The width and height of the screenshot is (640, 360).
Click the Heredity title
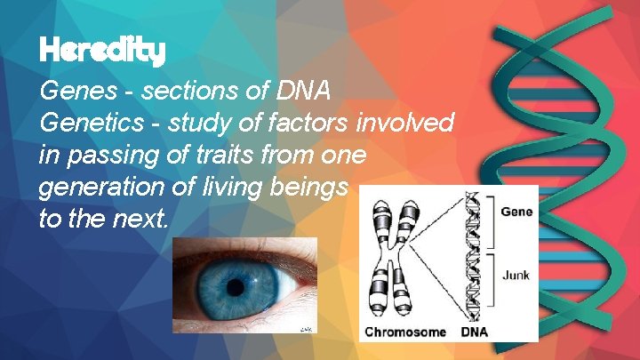(103, 51)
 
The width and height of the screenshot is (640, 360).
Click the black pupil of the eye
(236, 286)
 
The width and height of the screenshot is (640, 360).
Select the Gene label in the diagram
(516, 212)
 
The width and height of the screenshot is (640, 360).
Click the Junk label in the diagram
(516, 275)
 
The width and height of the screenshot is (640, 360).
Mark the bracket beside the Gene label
(494, 220)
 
